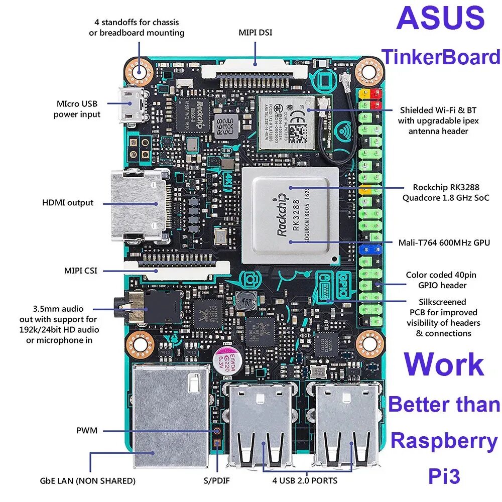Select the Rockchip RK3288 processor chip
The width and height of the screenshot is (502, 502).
(290, 215)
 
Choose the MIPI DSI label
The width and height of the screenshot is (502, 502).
(256, 33)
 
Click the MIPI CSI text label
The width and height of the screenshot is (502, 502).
(80, 271)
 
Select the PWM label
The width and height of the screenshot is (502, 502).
(87, 430)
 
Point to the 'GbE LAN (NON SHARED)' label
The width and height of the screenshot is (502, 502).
(88, 480)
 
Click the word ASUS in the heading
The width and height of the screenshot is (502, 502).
(440, 19)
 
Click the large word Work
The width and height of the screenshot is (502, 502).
(444, 365)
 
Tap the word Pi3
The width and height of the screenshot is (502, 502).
(444, 476)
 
